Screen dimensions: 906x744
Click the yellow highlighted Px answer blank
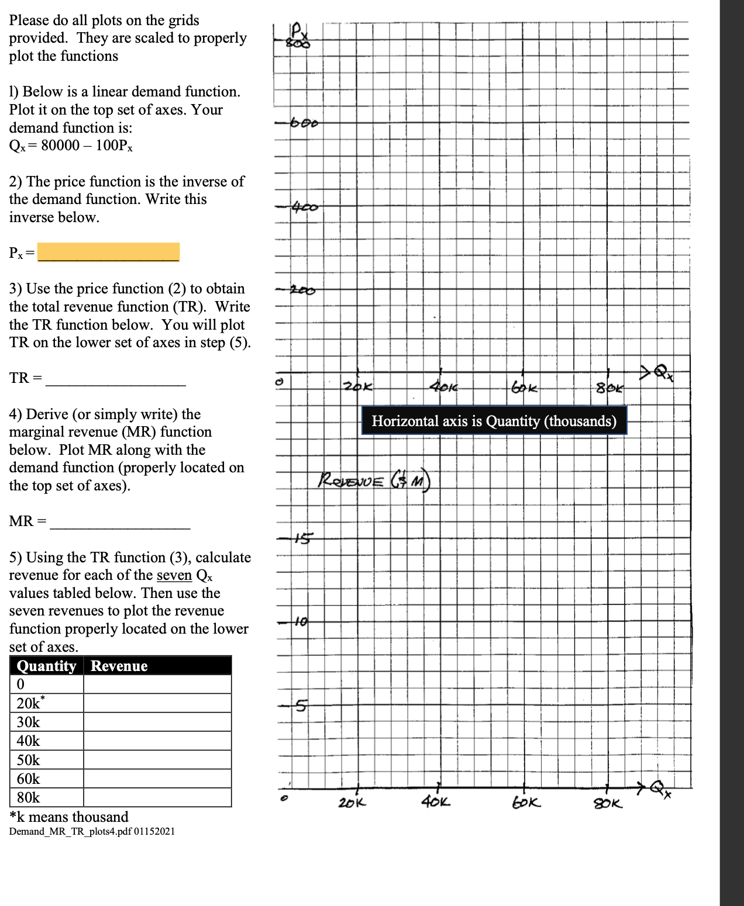pyautogui.click(x=108, y=252)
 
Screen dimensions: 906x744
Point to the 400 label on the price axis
pyautogui.click(x=305, y=207)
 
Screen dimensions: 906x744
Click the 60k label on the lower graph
pyautogui.click(x=526, y=803)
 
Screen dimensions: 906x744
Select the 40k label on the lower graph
pyautogui.click(x=436, y=802)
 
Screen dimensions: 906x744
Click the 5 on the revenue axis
pyautogui.click(x=300, y=706)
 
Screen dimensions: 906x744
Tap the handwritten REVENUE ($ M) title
pyautogui.click(x=374, y=480)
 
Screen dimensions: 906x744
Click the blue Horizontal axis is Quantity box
pyautogui.click(x=494, y=421)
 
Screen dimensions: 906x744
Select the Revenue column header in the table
pyautogui.click(x=119, y=666)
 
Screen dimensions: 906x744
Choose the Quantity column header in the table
pyautogui.click(x=47, y=666)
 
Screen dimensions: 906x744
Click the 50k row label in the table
pyautogui.click(x=28, y=760)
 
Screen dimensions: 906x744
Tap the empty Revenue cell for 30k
pyautogui.click(x=157, y=722)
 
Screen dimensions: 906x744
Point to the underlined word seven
pyautogui.click(x=174, y=575)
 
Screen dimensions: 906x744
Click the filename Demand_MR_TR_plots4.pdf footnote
pyautogui.click(x=92, y=831)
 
